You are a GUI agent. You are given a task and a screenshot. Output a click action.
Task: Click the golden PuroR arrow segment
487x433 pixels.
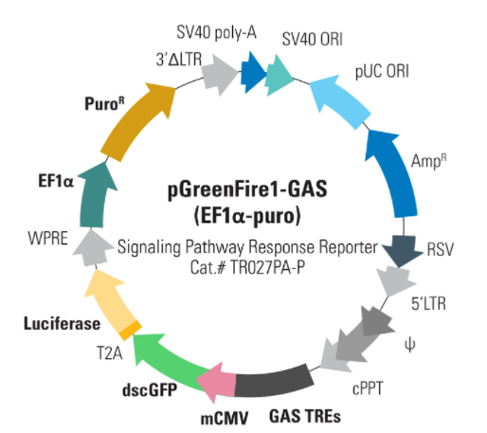[x=135, y=121]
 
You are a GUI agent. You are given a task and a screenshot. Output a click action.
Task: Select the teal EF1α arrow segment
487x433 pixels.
[x=95, y=196]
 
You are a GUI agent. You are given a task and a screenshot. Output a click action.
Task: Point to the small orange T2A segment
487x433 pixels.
[x=131, y=330]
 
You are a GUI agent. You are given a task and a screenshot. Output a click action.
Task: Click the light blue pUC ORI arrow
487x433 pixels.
[x=339, y=101]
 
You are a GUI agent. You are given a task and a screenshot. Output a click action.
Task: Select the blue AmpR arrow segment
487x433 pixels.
[x=391, y=172]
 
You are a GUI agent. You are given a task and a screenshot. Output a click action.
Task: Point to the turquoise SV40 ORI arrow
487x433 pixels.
[x=279, y=75]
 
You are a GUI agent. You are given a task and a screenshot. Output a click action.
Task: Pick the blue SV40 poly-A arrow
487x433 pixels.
[x=254, y=73]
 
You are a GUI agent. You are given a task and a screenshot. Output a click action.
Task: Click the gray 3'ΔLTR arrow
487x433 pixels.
[x=220, y=75]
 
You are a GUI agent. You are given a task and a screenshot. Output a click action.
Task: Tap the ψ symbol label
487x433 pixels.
[x=409, y=346]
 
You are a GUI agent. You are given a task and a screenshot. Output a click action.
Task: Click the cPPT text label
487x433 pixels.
[x=368, y=388]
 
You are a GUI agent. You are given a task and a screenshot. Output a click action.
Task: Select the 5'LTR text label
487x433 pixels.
[x=428, y=304]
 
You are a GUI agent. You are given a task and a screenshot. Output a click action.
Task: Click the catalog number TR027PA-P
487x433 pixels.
[x=267, y=267]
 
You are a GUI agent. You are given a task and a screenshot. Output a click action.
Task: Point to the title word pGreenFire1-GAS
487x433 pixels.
[x=247, y=189]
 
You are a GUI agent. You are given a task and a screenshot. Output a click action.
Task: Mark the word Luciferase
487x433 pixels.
[x=62, y=324]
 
